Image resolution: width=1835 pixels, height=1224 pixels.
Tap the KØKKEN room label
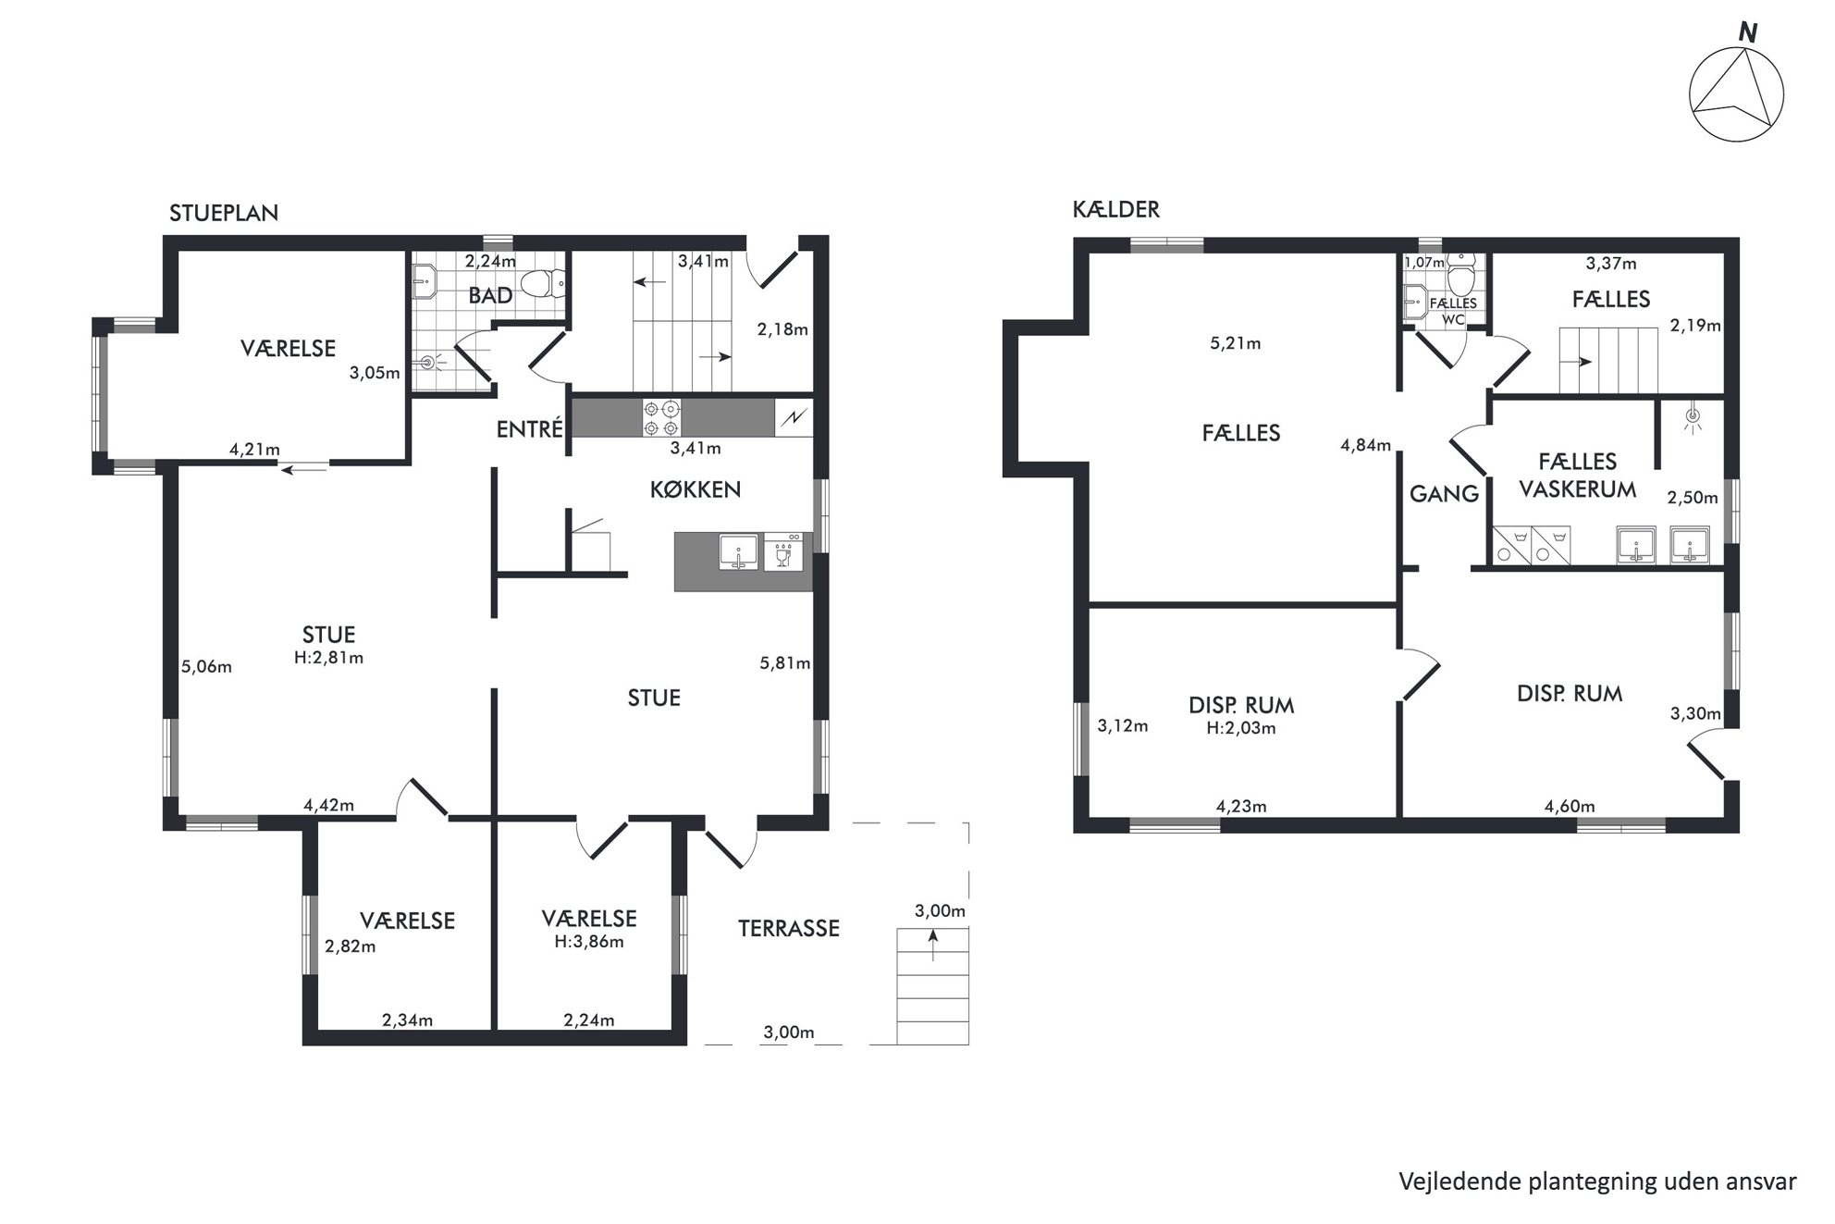coord(696,489)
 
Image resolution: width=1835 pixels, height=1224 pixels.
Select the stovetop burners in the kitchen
coord(662,417)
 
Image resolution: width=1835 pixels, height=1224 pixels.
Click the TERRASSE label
coord(789,928)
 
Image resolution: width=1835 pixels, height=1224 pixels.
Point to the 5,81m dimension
coord(785,662)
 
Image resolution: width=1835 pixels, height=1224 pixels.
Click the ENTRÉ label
coord(530,429)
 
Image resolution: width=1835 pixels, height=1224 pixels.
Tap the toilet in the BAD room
coord(544,283)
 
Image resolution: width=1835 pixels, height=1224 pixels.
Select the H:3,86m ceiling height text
coord(589,942)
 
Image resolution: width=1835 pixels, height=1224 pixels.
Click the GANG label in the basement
coord(1444,494)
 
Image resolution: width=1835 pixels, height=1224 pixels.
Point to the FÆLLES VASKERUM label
coord(1578,475)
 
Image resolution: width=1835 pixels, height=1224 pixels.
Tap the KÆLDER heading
coord(1116,210)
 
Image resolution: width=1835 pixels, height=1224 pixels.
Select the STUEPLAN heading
coord(224,213)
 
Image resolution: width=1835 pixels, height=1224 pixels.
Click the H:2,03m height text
coord(1241,728)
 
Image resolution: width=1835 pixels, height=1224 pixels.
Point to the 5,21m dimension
coord(1236,343)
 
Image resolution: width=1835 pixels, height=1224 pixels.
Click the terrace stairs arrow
coord(933,946)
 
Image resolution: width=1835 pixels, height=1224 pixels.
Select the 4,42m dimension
coord(329,805)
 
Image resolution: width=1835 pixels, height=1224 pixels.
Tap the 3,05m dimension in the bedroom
coord(375,374)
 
